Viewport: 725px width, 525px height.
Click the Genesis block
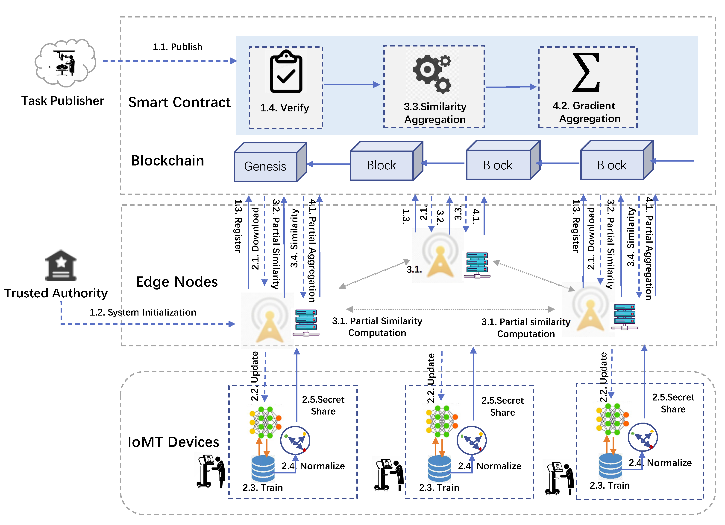pyautogui.click(x=266, y=166)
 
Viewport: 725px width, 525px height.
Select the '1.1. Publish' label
pyautogui.click(x=177, y=47)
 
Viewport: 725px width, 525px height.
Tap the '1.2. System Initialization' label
pyautogui.click(x=143, y=312)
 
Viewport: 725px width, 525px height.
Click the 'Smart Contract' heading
pyautogui.click(x=179, y=102)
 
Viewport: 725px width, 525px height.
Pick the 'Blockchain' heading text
pyautogui.click(x=167, y=160)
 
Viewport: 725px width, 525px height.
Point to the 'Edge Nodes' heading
pyautogui.click(x=177, y=282)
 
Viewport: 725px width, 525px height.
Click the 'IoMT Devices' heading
pyautogui.click(x=173, y=442)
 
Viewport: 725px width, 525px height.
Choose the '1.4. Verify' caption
pyautogui.click(x=285, y=108)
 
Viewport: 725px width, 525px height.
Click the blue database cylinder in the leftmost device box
pyautogui.click(x=263, y=468)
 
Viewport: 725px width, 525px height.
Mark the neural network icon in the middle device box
pyautogui.click(x=442, y=421)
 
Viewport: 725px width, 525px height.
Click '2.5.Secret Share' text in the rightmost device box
pyautogui.click(x=673, y=403)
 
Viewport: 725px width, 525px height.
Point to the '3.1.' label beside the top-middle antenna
pyautogui.click(x=414, y=269)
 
